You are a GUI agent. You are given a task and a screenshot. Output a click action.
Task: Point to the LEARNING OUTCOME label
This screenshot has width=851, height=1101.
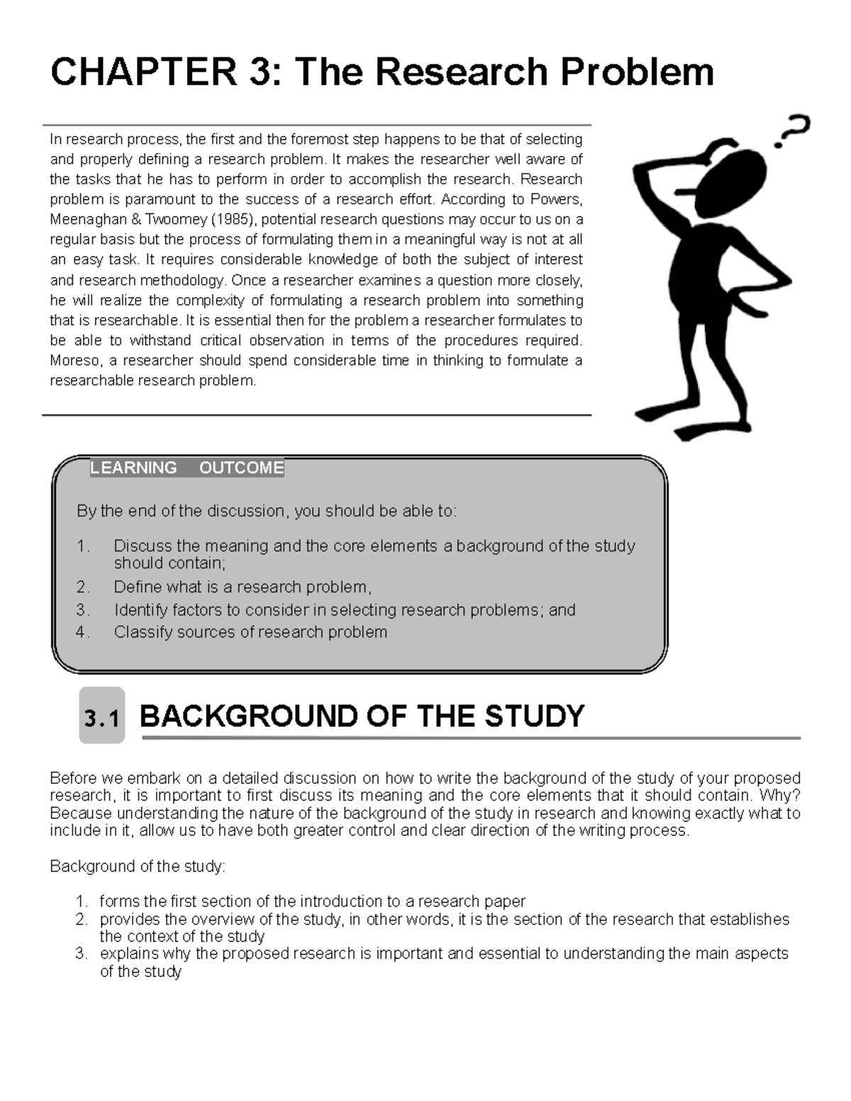click(x=187, y=468)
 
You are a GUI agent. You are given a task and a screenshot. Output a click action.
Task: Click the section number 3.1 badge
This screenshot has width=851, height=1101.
click(x=101, y=719)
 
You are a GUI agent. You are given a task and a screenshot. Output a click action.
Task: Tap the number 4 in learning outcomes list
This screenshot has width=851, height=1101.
click(x=82, y=632)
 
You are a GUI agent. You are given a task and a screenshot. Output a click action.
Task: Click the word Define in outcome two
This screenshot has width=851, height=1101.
click(x=137, y=587)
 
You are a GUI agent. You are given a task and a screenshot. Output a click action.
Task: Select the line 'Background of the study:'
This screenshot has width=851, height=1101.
click(x=138, y=866)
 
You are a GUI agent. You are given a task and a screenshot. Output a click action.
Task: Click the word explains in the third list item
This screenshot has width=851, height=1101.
click(x=128, y=954)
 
